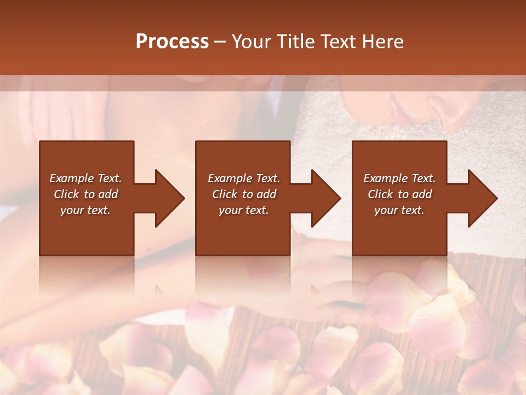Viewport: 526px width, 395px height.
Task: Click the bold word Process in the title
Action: tap(172, 42)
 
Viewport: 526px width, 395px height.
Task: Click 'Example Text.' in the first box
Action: tap(85, 178)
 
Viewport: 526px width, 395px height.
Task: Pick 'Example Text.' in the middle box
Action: tap(243, 178)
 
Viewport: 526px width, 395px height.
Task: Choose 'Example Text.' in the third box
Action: tap(399, 178)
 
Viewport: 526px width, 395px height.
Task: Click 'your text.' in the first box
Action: tap(85, 210)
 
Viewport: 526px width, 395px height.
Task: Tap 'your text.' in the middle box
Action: tap(243, 210)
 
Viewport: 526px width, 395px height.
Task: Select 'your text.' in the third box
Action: tap(399, 210)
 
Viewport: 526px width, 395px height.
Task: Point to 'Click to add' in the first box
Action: tap(85, 194)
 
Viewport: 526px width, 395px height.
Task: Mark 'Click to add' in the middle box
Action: tap(243, 194)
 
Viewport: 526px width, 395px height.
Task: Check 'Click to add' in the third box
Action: tap(399, 194)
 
